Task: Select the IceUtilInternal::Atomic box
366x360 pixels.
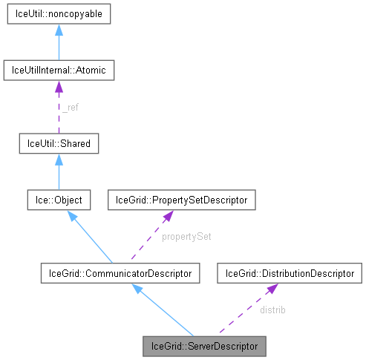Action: point(58,71)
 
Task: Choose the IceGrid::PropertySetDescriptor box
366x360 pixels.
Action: point(183,200)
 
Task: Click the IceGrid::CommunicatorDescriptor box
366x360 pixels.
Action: point(120,274)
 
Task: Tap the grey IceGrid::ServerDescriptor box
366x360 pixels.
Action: point(204,346)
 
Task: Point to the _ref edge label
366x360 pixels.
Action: point(71,108)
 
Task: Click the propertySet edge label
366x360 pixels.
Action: point(183,237)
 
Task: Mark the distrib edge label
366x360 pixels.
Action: point(272,310)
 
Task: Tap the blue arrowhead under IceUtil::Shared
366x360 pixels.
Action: point(58,157)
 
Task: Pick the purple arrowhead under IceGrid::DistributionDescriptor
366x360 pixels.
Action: point(272,288)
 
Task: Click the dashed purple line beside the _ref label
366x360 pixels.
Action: point(58,111)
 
